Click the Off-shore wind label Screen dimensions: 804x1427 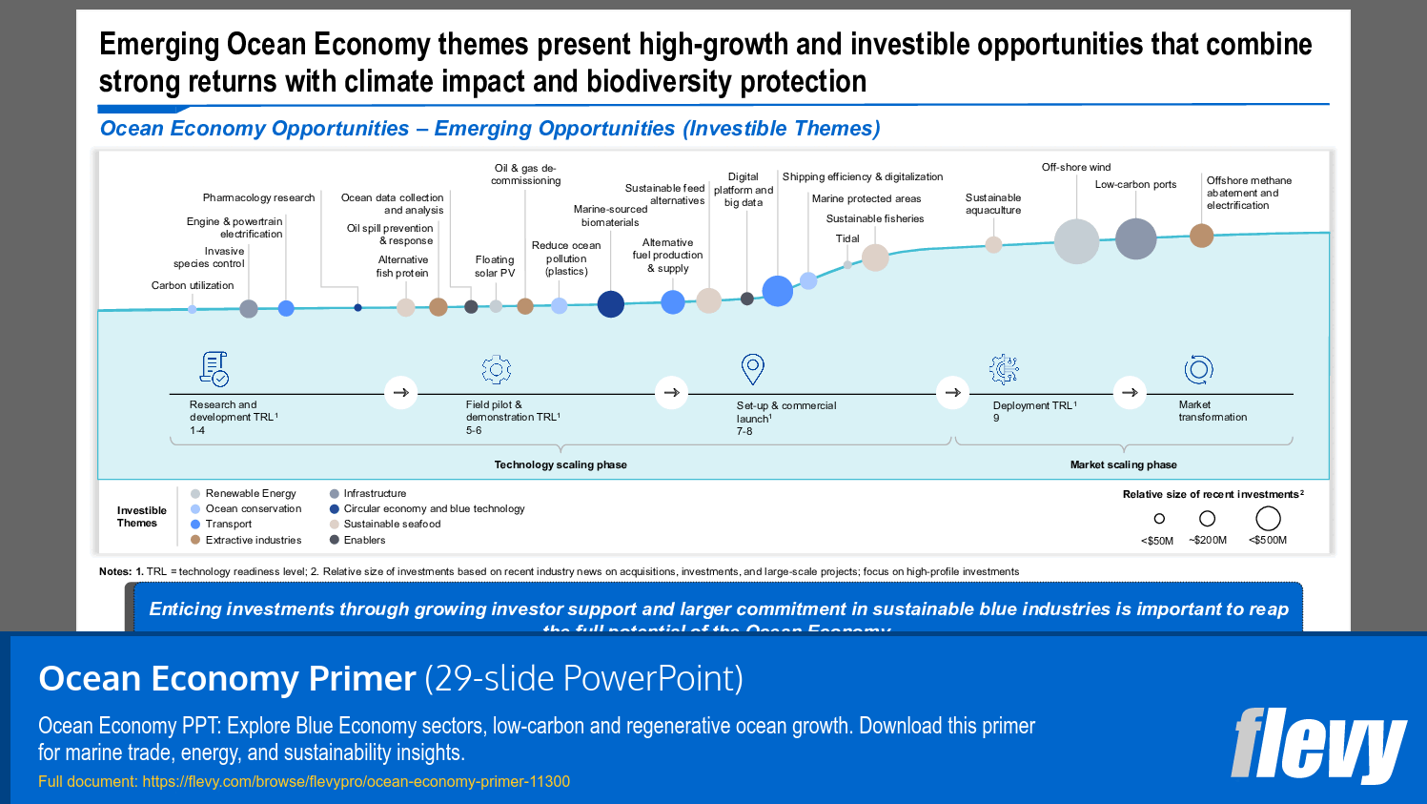(1075, 167)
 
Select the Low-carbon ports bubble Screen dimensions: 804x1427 (1135, 238)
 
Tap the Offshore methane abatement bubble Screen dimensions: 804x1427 (1201, 236)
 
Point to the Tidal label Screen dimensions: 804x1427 (847, 238)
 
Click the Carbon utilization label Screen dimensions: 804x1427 (192, 285)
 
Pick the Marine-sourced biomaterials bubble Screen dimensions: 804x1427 (610, 304)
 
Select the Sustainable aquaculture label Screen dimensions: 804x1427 (992, 204)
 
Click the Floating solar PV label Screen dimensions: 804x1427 (494, 266)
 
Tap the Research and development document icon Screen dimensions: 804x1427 (214, 368)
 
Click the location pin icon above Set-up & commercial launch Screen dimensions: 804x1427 (752, 368)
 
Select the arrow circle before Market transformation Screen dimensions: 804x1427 (1130, 392)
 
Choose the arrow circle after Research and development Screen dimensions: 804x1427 (400, 392)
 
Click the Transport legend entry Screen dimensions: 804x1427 (228, 524)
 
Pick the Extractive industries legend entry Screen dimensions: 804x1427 (253, 540)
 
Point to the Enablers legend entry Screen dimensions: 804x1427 (364, 540)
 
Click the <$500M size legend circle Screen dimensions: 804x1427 (1268, 519)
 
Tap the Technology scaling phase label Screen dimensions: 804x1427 (561, 464)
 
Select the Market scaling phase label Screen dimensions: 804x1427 (1123, 464)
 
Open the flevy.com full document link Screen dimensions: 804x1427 (356, 781)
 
